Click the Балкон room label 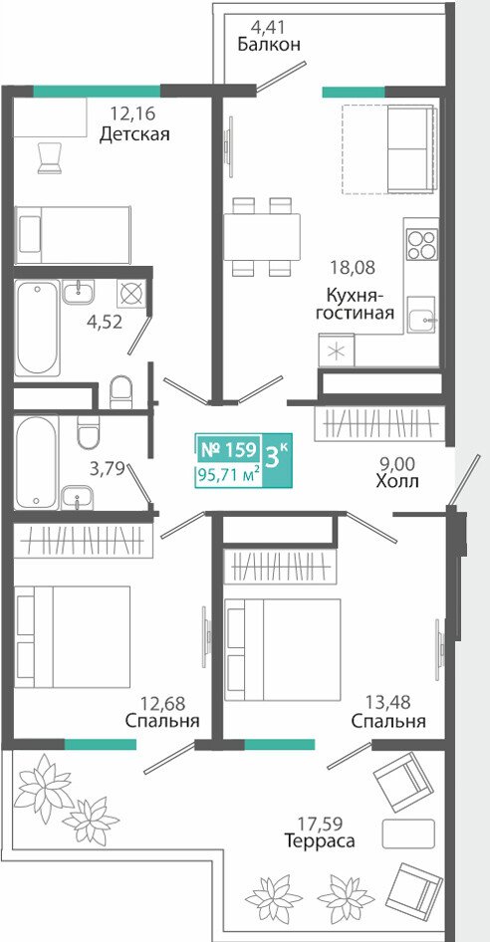click(x=269, y=45)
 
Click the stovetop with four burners click(x=421, y=245)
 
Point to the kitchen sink click(x=422, y=315)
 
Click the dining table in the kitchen click(x=262, y=237)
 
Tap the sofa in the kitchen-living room click(x=410, y=149)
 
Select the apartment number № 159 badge click(x=228, y=449)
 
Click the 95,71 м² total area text click(x=228, y=475)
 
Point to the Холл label click(x=396, y=481)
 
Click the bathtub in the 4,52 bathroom click(x=37, y=328)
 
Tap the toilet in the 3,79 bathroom click(x=88, y=432)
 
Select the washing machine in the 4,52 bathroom click(x=129, y=295)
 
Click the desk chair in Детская click(x=50, y=157)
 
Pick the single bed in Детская click(x=73, y=235)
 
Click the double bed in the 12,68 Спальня click(x=73, y=637)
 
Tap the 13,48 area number click(x=387, y=701)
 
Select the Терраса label click(x=320, y=840)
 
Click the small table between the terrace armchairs click(x=408, y=833)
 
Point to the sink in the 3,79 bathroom click(x=78, y=497)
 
